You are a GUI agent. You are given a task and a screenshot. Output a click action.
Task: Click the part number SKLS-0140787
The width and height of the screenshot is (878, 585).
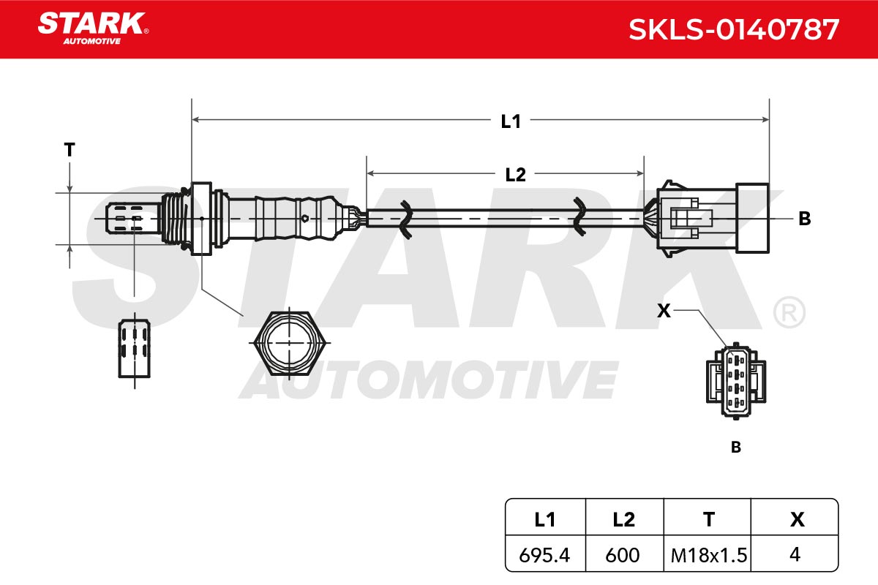[734, 29]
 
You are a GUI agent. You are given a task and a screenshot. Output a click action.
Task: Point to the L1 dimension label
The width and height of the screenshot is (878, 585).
[511, 121]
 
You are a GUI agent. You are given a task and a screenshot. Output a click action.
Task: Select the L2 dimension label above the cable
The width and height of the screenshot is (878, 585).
[515, 175]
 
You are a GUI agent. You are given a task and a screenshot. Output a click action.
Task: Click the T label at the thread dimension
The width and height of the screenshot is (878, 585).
[70, 150]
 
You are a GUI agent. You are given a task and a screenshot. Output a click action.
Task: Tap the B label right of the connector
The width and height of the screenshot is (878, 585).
[805, 219]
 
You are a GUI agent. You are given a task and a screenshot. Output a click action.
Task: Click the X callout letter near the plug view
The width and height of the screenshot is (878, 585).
[664, 311]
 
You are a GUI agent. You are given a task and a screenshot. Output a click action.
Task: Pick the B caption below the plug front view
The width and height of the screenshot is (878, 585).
[736, 447]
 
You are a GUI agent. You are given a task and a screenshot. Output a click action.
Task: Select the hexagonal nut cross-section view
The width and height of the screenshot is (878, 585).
[289, 343]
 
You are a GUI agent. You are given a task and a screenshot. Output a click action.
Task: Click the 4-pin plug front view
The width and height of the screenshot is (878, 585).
[736, 381]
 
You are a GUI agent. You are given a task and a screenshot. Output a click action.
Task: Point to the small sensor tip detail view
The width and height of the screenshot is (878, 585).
[135, 349]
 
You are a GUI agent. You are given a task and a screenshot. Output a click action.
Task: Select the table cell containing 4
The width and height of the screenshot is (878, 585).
[795, 554]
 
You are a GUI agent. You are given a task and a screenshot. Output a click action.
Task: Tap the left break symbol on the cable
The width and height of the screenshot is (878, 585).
[405, 219]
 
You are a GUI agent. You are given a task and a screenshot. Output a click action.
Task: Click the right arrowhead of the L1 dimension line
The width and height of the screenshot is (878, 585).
[765, 119]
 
